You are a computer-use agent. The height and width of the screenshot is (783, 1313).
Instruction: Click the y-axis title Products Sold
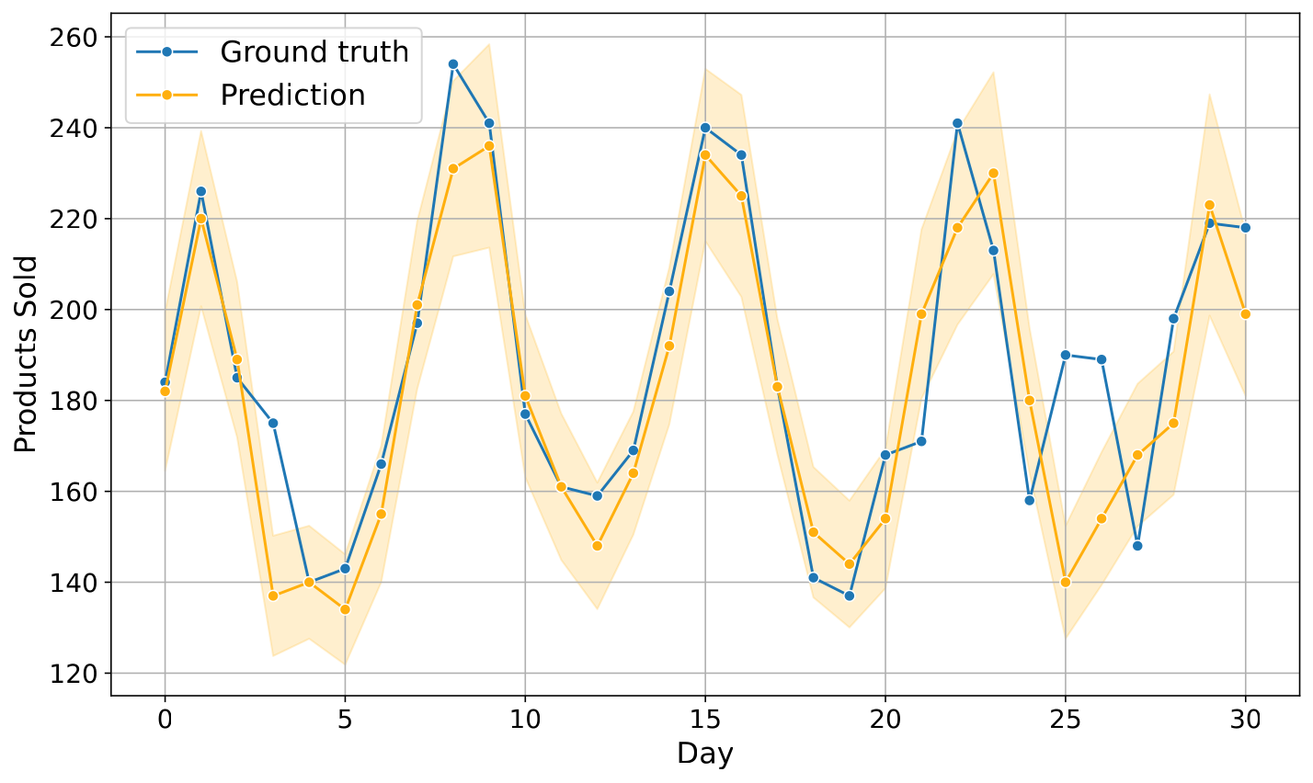(x=25, y=354)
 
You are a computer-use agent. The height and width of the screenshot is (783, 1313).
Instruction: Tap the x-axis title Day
(x=704, y=754)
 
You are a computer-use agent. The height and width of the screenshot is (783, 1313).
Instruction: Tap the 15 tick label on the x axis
(x=704, y=720)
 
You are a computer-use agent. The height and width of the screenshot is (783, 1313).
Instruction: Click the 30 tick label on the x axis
(x=1245, y=720)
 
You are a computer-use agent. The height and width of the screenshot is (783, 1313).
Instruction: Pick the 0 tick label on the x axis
(x=165, y=720)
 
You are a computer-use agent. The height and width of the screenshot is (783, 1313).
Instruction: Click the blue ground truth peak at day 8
(x=453, y=64)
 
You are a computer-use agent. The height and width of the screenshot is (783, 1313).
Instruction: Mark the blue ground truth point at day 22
(x=957, y=124)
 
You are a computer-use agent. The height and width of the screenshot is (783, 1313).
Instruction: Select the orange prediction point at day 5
(x=345, y=609)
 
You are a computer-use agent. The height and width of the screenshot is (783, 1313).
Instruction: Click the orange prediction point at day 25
(x=1065, y=583)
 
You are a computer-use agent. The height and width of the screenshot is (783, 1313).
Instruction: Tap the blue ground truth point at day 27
(x=1137, y=546)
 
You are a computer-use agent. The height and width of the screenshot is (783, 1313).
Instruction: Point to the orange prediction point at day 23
(x=993, y=174)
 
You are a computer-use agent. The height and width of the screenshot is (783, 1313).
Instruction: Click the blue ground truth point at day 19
(x=849, y=596)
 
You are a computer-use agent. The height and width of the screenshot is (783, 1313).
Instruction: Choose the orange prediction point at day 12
(x=597, y=546)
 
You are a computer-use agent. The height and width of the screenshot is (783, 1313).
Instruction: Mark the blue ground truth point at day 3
(x=272, y=423)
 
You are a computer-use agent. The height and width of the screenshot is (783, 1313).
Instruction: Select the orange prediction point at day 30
(x=1245, y=314)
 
